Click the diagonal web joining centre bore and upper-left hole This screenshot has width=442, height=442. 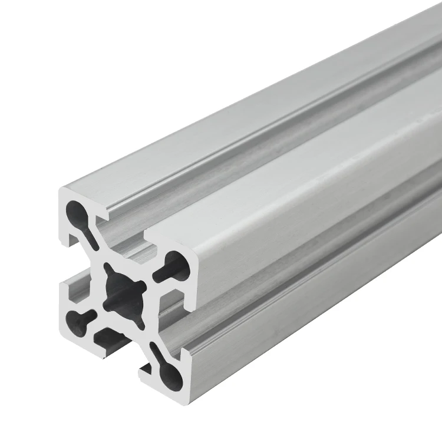(97, 248)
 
